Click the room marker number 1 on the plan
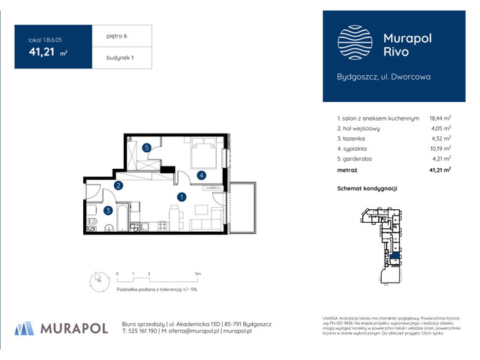[x=181, y=197]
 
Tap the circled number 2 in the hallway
[x=118, y=186]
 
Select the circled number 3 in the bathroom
[x=108, y=211]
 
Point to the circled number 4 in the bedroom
[x=202, y=175]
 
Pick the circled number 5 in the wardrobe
[x=148, y=148]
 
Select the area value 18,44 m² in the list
[x=439, y=118]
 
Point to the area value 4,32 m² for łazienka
[x=441, y=138]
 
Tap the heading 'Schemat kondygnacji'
[x=367, y=188]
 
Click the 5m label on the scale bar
[x=196, y=274]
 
